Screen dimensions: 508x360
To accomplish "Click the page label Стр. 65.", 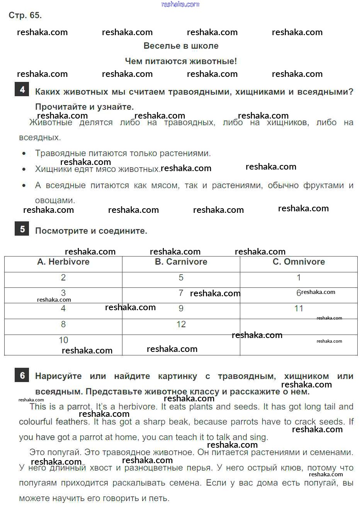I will click(x=25, y=15).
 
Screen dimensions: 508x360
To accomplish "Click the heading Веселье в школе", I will click(x=181, y=46).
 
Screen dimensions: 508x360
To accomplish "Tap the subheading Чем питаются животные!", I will click(x=181, y=61).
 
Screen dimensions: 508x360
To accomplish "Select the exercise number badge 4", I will click(x=22, y=90).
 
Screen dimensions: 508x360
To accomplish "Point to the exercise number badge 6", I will click(x=22, y=375).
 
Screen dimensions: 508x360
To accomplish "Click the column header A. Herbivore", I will click(x=63, y=262).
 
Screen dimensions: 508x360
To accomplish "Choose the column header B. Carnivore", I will click(x=181, y=262).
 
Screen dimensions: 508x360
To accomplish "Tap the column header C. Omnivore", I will click(x=299, y=262).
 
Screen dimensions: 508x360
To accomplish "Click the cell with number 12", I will click(x=181, y=325).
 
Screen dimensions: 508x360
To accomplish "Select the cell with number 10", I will click(x=63, y=340).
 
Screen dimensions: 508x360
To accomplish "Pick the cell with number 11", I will click(x=299, y=309).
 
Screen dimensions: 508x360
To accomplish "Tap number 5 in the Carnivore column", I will click(x=181, y=278).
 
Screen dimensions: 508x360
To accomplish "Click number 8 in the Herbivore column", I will click(x=63, y=325).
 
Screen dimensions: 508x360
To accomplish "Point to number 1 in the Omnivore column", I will click(x=299, y=278).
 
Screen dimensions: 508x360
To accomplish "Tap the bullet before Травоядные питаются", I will click(x=24, y=154).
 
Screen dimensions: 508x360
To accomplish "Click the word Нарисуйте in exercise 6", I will click(x=58, y=376).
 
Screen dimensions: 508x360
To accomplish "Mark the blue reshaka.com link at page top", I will click(x=180, y=4).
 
